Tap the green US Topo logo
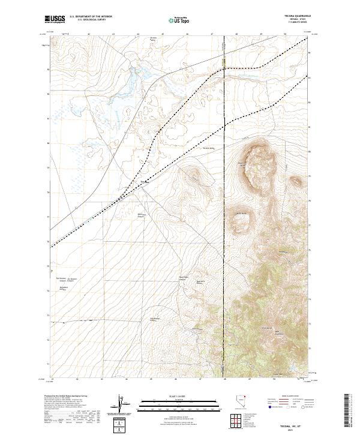point(179,21)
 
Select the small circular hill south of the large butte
point(241,223)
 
